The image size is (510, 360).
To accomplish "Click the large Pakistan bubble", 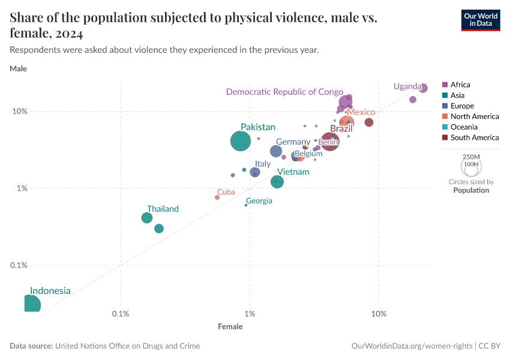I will coord(241,141).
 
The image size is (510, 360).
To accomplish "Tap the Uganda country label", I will coord(407,86).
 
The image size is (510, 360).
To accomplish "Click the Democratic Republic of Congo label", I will coord(284,92).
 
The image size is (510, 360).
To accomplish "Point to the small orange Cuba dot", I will coord(217,197).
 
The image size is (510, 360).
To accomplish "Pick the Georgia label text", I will coord(259,201).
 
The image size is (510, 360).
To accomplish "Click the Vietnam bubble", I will coord(277,181).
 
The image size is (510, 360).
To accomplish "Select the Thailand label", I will coord(163,209).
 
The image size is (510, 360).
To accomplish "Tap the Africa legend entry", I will coord(460,85).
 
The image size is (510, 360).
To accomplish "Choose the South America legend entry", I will coord(474,137).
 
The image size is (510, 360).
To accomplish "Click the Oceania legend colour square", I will coord(445,127).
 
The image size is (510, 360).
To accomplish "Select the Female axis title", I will coord(230,327).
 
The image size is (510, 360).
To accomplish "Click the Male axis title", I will coord(18,68).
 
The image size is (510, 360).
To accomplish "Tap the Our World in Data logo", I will coord(480,19).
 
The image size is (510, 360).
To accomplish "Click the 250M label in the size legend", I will coord(471,157).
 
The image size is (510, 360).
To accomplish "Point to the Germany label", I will coord(293,142).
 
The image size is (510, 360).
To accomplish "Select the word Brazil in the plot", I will coord(341,128).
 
